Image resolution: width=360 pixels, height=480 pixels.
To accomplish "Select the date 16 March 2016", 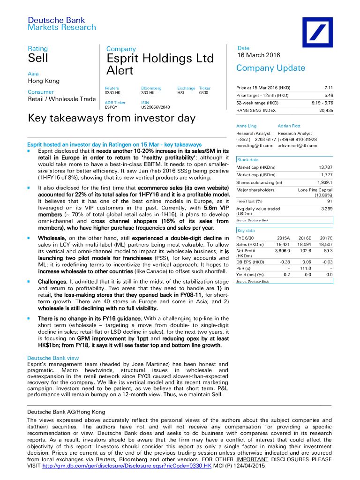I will [258, 55].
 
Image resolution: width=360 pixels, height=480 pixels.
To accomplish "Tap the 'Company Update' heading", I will [270, 68].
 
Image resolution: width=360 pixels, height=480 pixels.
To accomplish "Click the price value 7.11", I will [328, 88].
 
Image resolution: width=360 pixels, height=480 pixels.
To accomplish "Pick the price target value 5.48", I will [328, 95].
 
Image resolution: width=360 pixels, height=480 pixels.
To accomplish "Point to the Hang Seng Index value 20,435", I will [326, 110].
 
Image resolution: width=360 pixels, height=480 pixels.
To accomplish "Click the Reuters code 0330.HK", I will [112, 93].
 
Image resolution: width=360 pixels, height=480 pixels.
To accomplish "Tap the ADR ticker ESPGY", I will [112, 107].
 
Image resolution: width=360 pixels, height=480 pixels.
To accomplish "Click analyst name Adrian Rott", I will [289, 126].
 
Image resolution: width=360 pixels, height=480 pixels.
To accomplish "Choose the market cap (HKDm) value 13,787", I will [325, 167].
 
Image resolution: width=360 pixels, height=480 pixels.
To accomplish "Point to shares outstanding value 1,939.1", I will [324, 182].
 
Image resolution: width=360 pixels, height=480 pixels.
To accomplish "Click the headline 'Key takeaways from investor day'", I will [112, 118].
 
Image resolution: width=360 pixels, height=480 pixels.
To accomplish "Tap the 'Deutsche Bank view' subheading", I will [53, 358].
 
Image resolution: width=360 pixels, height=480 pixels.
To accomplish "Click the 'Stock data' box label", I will [247, 160].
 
